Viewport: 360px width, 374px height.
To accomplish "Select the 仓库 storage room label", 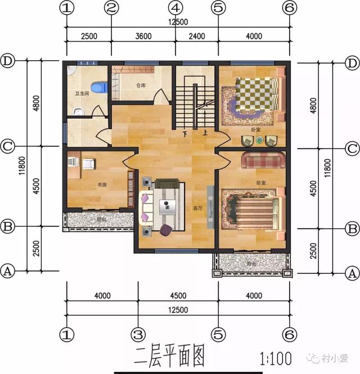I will (x=141, y=86).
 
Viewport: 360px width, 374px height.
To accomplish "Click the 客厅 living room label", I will (x=198, y=208).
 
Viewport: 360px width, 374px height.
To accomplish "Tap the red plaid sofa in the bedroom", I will (x=264, y=160).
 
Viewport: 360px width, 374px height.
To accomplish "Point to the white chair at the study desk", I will (x=89, y=164).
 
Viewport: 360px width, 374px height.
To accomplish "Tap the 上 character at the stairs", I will (x=205, y=134).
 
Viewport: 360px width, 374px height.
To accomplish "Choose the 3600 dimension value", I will (x=143, y=37).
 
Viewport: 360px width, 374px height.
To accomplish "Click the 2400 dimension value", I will (x=197, y=37).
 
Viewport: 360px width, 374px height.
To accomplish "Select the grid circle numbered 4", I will (x=176, y=8).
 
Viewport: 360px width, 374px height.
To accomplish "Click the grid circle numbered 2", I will (x=111, y=8).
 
